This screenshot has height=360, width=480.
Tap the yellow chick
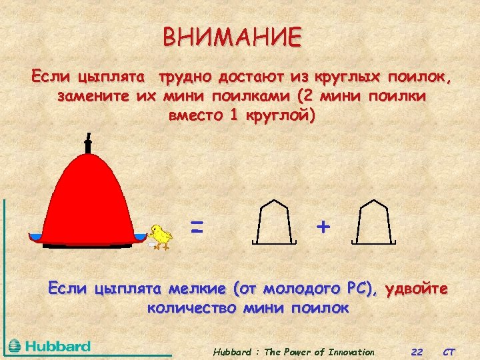tap(160, 236)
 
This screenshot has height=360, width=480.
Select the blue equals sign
tap(196, 227)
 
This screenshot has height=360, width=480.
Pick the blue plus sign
tap(323, 227)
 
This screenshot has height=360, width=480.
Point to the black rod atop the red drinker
tap(88, 143)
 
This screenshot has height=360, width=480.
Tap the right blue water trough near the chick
tap(140, 237)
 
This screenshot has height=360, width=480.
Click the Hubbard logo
tap(50, 346)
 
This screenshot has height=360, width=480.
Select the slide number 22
tap(417, 352)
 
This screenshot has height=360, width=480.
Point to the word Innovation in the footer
tap(349, 352)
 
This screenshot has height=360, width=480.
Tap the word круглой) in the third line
tap(279, 115)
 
